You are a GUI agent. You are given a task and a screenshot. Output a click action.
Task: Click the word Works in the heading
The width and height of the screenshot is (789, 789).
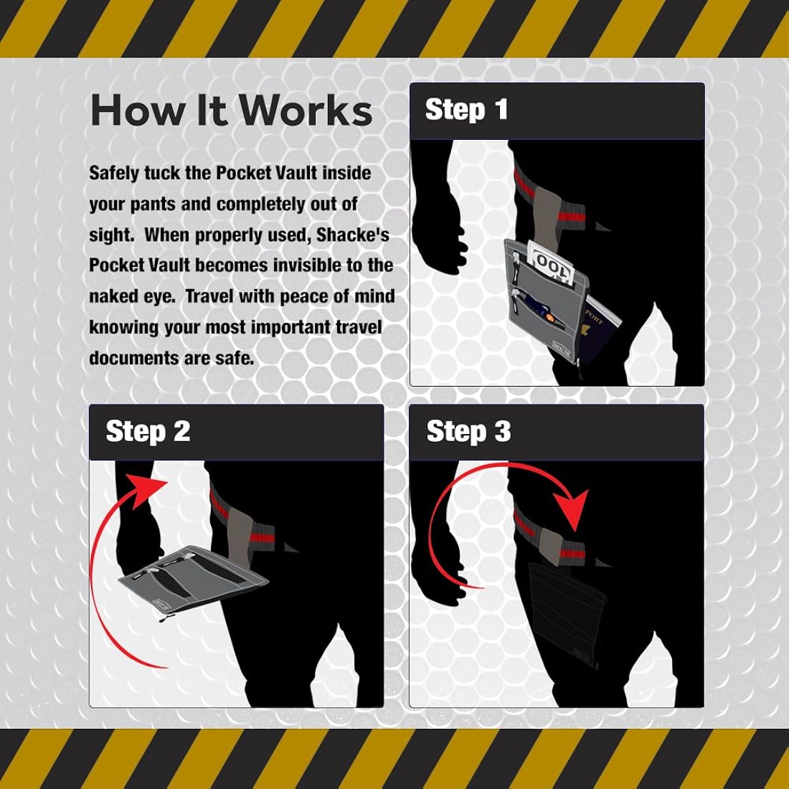coord(305,110)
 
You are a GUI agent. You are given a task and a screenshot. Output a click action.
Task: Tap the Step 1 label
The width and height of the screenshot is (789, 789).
coord(466,109)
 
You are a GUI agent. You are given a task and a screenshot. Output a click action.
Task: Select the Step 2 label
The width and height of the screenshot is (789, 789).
coord(148,431)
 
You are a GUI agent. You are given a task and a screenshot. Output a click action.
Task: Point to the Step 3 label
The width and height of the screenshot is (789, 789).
coord(468,431)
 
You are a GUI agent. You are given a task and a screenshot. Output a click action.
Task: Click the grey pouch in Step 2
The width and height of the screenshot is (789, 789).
coord(194,580)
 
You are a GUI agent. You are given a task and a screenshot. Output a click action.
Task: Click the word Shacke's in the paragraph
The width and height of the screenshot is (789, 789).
coord(353,235)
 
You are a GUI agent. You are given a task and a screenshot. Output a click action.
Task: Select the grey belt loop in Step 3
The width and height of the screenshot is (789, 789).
coord(551,547)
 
